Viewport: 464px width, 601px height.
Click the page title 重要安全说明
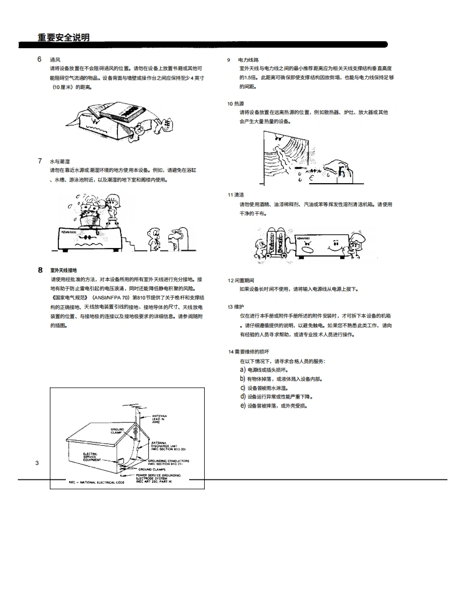point(63,37)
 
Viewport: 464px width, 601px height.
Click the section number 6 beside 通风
point(40,59)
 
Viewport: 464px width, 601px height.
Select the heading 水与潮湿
point(60,161)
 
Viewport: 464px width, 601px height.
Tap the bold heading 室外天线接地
point(64,271)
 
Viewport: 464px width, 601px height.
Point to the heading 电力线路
point(249,59)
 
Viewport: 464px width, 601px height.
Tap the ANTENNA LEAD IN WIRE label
point(160,418)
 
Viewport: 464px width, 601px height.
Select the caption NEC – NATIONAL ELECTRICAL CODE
point(96,482)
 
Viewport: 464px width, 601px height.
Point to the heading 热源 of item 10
point(239,103)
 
